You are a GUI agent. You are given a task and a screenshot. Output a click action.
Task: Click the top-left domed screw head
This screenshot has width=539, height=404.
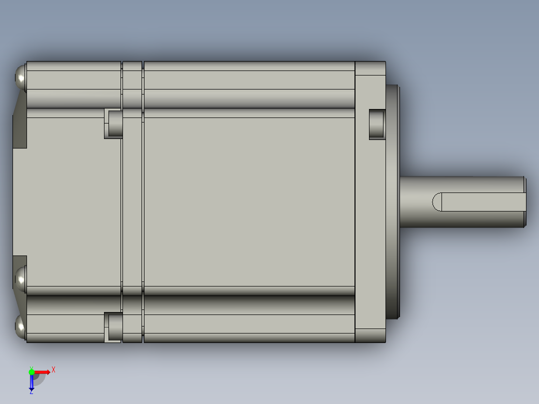pyautogui.click(x=20, y=77)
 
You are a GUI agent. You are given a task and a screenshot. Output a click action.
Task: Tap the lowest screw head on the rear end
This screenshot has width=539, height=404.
pyautogui.click(x=20, y=327)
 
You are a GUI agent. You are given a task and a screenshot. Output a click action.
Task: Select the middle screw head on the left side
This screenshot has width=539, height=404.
pyautogui.click(x=20, y=279)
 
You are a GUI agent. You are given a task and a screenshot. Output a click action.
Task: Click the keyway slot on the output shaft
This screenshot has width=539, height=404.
pyautogui.click(x=480, y=202)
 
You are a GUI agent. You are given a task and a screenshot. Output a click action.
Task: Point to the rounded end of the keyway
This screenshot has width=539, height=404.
pyautogui.click(x=436, y=202)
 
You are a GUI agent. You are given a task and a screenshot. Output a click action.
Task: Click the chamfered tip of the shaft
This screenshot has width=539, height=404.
pyautogui.click(x=525, y=202)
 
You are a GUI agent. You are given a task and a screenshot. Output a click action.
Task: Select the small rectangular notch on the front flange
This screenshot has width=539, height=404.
pyautogui.click(x=377, y=124)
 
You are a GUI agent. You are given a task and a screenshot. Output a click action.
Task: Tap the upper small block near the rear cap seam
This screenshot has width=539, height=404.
pyautogui.click(x=114, y=124)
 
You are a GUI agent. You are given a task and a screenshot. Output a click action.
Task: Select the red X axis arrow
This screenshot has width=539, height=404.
pyautogui.click(x=43, y=372)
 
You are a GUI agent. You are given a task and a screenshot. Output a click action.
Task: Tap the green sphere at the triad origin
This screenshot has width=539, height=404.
pyautogui.click(x=31, y=371)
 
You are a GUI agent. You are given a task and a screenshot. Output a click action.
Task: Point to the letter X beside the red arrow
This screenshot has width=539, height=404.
pyautogui.click(x=53, y=369)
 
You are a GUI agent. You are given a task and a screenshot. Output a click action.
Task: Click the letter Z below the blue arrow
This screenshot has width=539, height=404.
pyautogui.click(x=31, y=391)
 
